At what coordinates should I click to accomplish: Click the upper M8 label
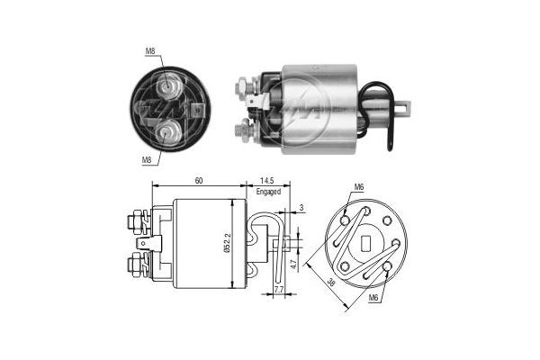[x=150, y=51]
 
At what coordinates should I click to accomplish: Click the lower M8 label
[x=147, y=159]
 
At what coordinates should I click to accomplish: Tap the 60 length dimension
[x=198, y=181]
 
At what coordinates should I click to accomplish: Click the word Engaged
[x=269, y=192]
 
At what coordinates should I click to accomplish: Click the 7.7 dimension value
[x=278, y=291]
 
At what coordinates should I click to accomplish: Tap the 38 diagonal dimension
[x=329, y=282]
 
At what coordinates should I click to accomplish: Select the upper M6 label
[x=358, y=186]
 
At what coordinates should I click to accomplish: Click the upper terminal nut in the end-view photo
[x=168, y=87]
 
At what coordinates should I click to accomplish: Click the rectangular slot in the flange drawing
[x=366, y=243]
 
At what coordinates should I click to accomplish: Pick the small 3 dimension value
[x=301, y=208]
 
